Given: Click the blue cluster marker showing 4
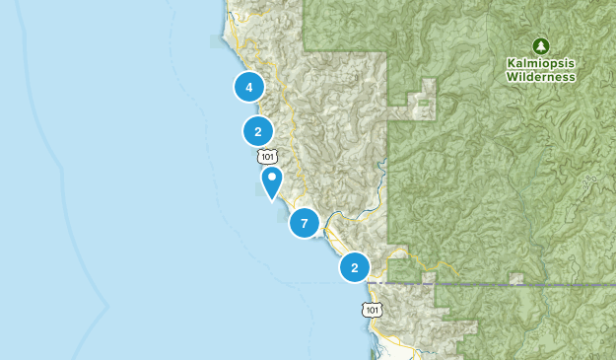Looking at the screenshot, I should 249,87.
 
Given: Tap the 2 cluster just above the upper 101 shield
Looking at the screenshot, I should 257,130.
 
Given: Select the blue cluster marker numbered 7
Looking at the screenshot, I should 304,224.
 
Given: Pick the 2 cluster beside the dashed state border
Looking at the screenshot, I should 354,267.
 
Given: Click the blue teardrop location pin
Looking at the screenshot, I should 271,180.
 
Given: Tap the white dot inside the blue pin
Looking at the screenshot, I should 271,178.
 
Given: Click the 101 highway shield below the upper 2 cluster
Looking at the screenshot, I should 268,156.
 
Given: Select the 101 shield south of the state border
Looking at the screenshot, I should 370,310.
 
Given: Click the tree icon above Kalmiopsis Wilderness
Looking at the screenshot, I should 540,45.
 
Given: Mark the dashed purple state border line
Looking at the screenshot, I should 493,283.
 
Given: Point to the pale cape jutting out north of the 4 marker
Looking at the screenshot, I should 219,41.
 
